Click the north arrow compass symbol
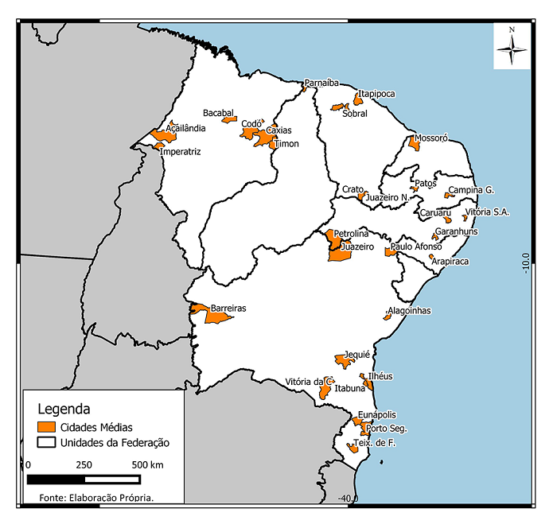(512, 47)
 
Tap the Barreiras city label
(228, 307)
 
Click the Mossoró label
(431, 138)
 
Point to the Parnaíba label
(321, 83)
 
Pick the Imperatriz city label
(181, 151)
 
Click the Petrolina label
(351, 234)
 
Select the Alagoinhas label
(409, 311)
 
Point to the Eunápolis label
(377, 415)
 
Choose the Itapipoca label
(376, 94)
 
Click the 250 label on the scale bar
(84, 464)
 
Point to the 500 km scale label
(147, 464)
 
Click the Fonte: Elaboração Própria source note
(95, 497)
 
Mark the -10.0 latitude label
(526, 262)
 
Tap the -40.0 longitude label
(347, 499)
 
